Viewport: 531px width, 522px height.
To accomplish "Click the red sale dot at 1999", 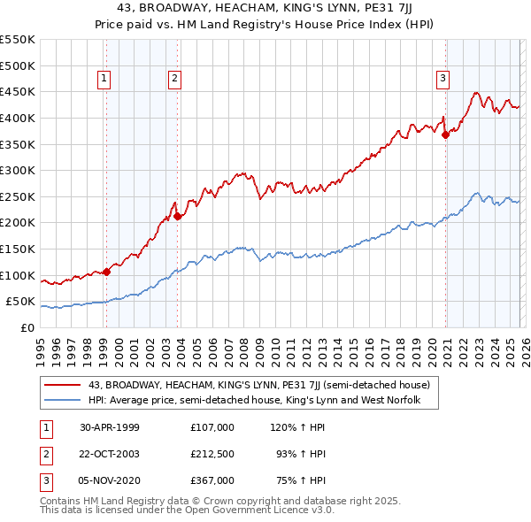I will click(107, 272).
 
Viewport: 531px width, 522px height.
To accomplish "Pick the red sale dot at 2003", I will click(178, 216).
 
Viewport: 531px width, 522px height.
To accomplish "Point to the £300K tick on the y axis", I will click(18, 170).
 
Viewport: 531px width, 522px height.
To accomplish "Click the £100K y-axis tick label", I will click(18, 275).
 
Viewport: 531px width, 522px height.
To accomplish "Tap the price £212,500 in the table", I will click(212, 454).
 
